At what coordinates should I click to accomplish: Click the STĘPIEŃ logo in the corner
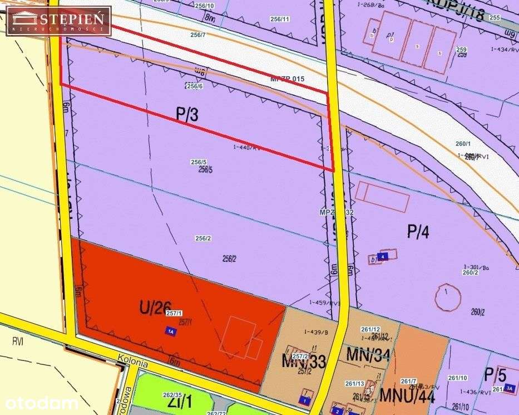click(58, 21)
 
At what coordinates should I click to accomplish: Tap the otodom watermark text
click(39, 403)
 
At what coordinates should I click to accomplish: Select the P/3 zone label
click(187, 115)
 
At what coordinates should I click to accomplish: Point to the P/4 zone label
click(418, 231)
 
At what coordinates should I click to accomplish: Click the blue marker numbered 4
click(383, 256)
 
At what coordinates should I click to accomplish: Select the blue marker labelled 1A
click(171, 331)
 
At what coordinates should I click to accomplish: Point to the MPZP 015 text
click(287, 79)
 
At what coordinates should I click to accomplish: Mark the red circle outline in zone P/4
click(449, 299)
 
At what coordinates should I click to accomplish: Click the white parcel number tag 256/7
click(197, 35)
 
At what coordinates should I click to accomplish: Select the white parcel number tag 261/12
click(370, 329)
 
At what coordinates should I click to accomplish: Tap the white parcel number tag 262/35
click(171, 394)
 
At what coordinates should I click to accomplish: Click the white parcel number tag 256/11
click(279, 19)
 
